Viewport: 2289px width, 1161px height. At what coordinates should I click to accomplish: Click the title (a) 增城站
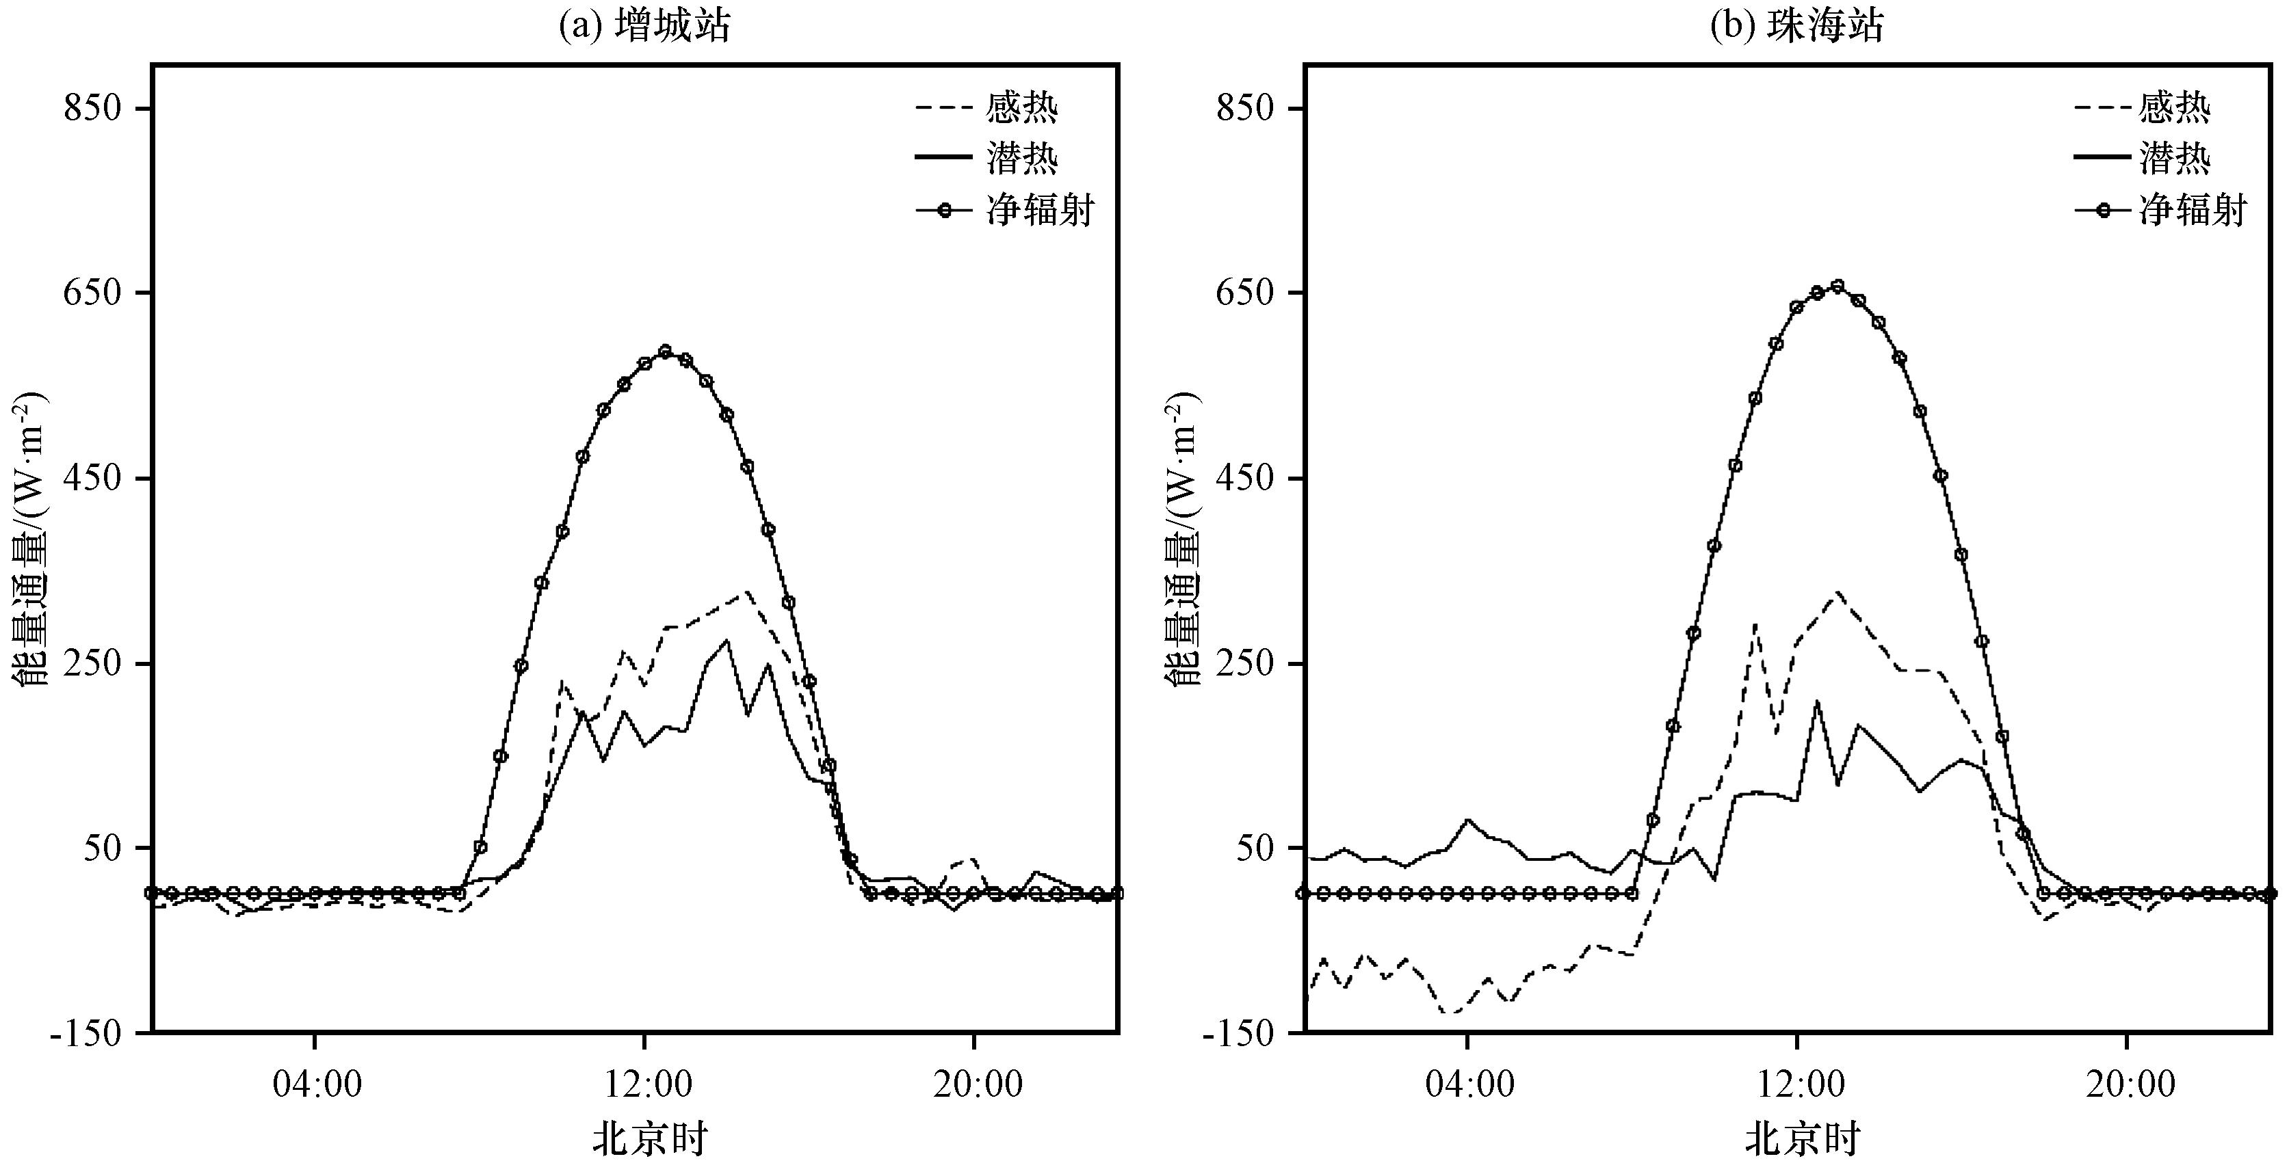(645, 26)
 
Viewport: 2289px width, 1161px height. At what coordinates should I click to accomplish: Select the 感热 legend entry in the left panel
(987, 108)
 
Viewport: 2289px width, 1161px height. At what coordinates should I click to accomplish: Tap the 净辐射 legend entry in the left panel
(1005, 211)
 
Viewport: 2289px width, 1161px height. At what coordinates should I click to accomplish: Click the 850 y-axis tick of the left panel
(92, 108)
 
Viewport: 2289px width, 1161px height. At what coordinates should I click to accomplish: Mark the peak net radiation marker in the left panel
(666, 351)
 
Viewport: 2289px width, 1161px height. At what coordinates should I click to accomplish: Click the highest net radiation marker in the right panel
(1837, 286)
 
